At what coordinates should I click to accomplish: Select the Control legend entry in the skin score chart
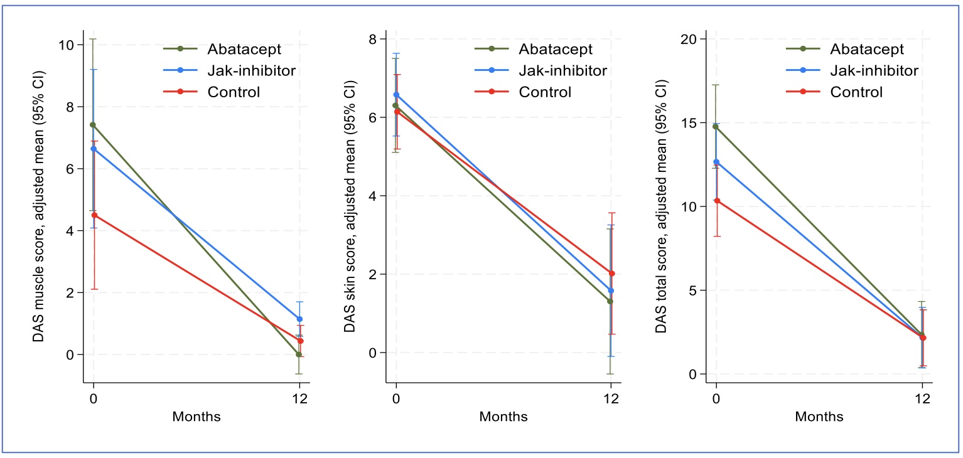tap(545, 92)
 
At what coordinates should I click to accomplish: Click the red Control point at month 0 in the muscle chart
tap(94, 215)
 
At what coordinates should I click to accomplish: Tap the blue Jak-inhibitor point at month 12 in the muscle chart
tap(299, 319)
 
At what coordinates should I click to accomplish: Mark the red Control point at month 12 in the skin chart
tap(611, 274)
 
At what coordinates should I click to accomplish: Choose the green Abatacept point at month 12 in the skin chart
tap(610, 301)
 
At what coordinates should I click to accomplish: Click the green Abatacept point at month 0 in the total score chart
tap(716, 127)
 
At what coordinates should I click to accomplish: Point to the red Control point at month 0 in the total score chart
tap(716, 201)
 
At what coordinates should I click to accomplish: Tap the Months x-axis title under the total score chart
tap(819, 417)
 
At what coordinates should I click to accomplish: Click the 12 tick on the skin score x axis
tap(610, 398)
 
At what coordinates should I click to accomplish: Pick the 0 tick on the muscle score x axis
tap(94, 398)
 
